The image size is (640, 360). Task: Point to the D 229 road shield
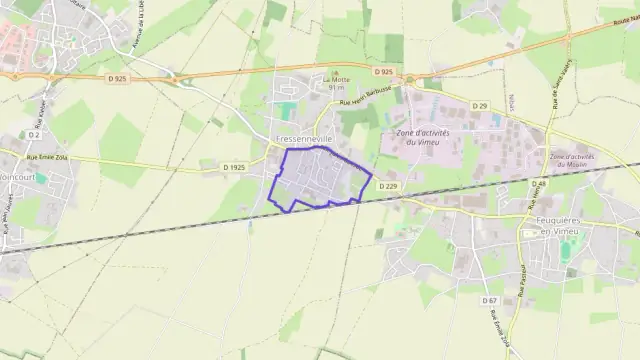click(x=388, y=185)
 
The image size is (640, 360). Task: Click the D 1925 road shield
click(x=234, y=166)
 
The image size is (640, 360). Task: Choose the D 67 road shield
click(x=489, y=300)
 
